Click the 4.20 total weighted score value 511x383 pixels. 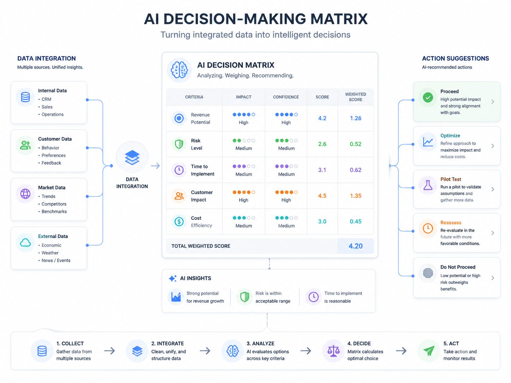(x=355, y=246)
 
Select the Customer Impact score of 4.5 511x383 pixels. (x=322, y=196)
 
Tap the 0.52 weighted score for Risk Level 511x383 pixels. (x=355, y=144)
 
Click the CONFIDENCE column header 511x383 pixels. (x=286, y=97)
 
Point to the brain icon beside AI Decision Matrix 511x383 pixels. (x=179, y=70)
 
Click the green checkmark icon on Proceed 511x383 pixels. (x=428, y=97)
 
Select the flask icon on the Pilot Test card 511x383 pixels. (x=428, y=185)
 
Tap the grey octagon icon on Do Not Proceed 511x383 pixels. (x=428, y=273)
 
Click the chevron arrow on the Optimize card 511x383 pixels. (x=493, y=146)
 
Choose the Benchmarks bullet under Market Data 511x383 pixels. (x=54, y=212)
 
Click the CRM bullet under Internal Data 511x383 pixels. (x=46, y=99)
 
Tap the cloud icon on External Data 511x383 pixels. (x=25, y=243)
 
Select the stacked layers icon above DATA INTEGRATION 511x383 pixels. (x=132, y=157)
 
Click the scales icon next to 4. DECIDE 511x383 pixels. (x=333, y=351)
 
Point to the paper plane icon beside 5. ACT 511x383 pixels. (x=429, y=351)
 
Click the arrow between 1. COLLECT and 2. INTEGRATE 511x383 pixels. (x=109, y=351)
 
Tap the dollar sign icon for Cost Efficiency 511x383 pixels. (x=179, y=221)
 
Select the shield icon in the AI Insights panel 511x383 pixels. (x=245, y=297)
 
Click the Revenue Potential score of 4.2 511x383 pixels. (x=322, y=118)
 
